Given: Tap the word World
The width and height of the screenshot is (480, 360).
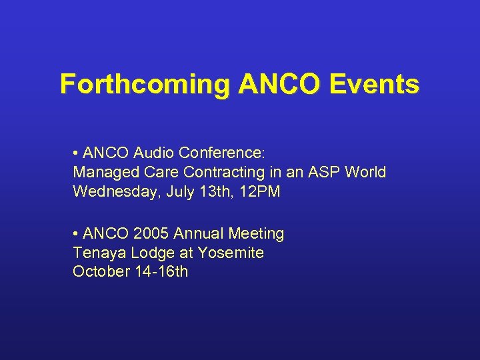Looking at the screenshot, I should pyautogui.click(x=366, y=172).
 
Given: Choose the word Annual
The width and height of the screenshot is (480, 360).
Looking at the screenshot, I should pyautogui.click(x=198, y=234).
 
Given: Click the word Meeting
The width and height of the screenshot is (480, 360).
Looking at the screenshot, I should pyautogui.click(x=257, y=234).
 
